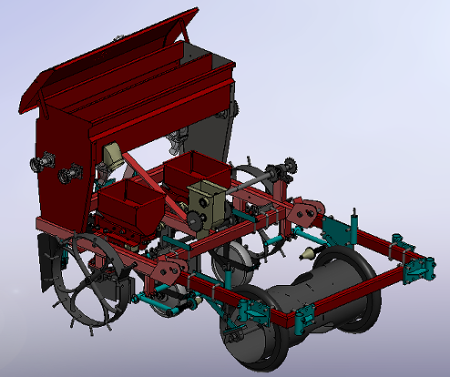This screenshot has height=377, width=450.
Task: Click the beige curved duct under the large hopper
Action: (114, 159)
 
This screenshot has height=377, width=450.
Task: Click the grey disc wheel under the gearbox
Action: (235, 264)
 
